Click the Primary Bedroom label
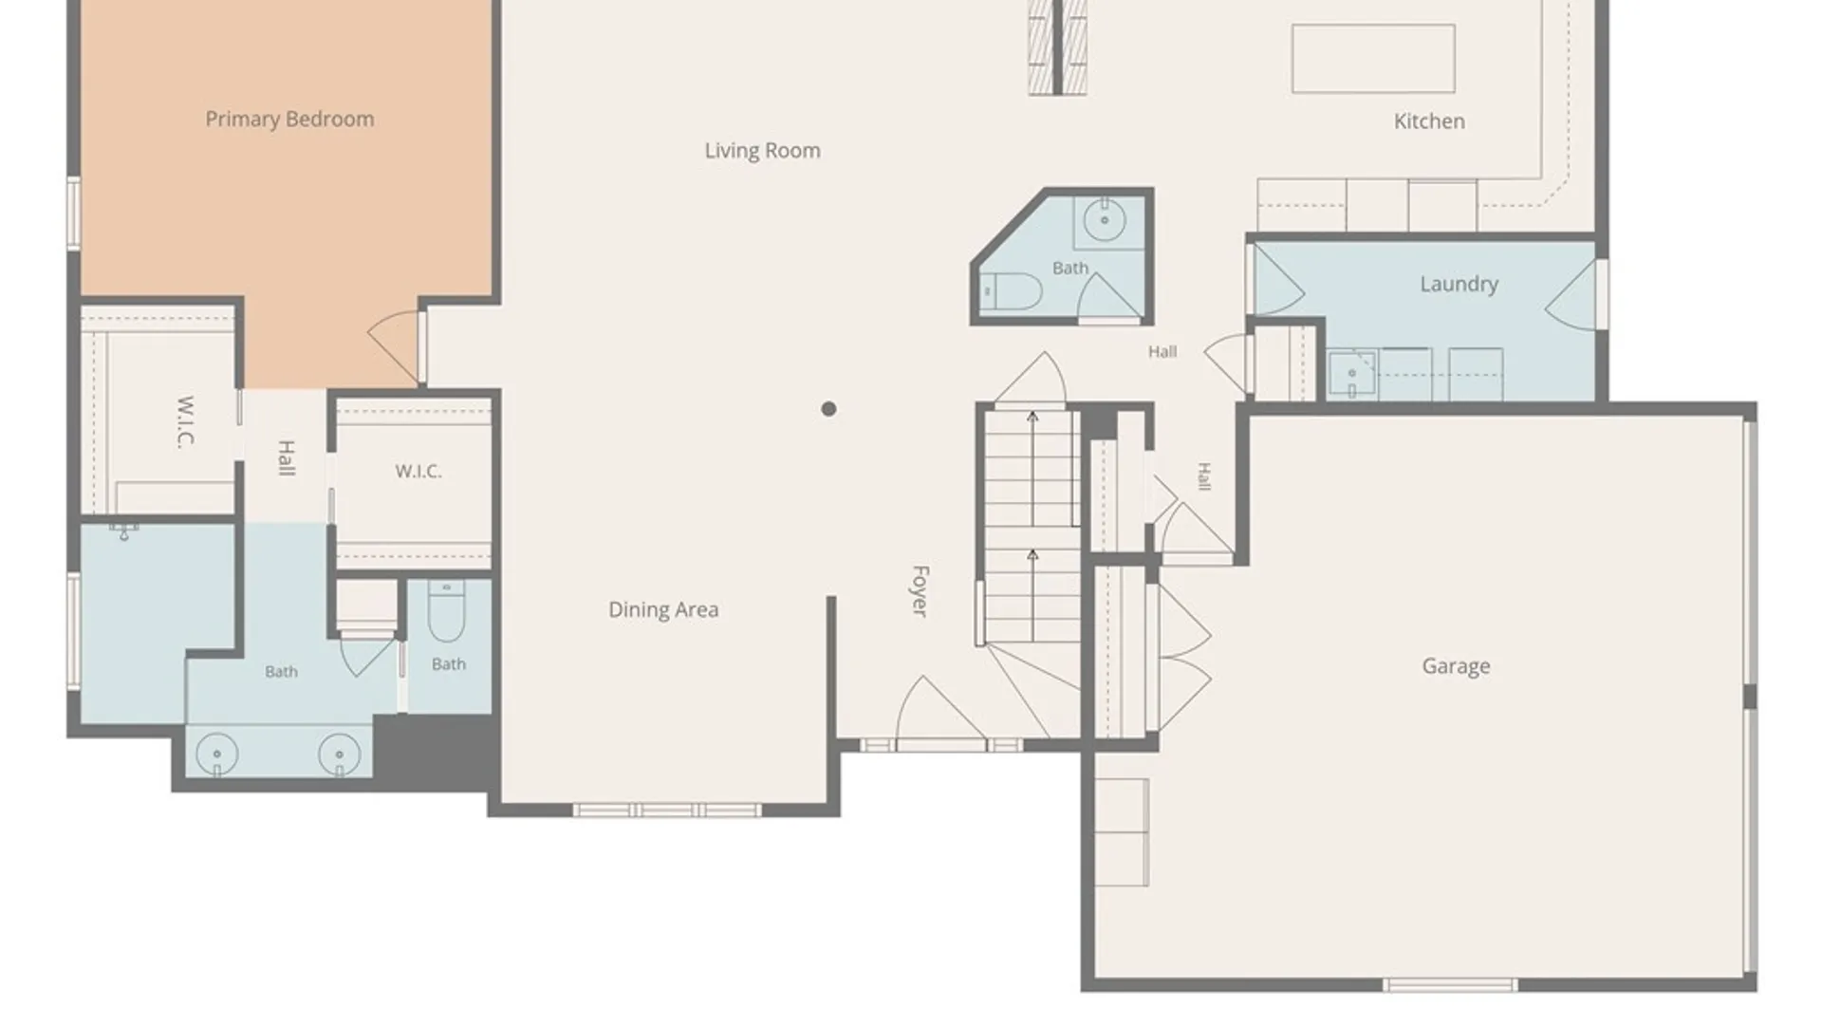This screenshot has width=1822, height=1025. coord(289,120)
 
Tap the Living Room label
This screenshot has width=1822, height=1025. coord(762,151)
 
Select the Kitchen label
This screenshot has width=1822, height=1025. coord(1429,121)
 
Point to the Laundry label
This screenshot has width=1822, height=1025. coord(1459,284)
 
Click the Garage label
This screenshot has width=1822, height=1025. coord(1456,666)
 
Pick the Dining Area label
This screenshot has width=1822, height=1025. coord(663,610)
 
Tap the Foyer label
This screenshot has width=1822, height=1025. coord(920,591)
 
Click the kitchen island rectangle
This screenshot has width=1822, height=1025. coord(1373,59)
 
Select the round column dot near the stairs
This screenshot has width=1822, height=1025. coord(828,409)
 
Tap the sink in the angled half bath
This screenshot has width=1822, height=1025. coord(1105,221)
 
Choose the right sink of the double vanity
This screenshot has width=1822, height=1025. coord(339,755)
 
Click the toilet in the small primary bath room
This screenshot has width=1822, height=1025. coord(446,611)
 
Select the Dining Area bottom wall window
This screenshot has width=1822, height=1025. coord(666,810)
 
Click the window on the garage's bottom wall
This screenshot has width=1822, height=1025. coord(1450,985)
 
